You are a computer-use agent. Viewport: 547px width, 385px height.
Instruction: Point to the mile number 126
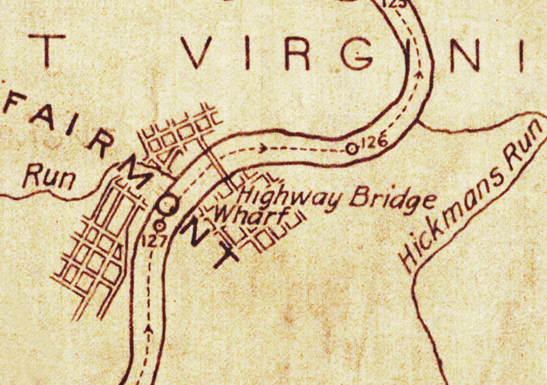click(373, 142)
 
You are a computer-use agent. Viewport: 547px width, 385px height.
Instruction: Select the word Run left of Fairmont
click(49, 178)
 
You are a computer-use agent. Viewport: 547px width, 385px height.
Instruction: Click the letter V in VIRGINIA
click(196, 52)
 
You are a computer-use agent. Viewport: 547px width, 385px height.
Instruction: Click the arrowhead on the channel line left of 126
click(263, 148)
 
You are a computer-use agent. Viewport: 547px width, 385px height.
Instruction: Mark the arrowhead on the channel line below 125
click(421, 74)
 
